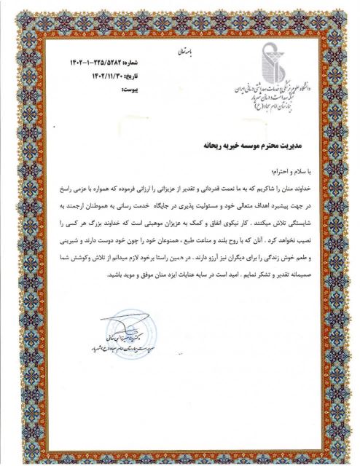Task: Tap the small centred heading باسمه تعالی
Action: [184, 52]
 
